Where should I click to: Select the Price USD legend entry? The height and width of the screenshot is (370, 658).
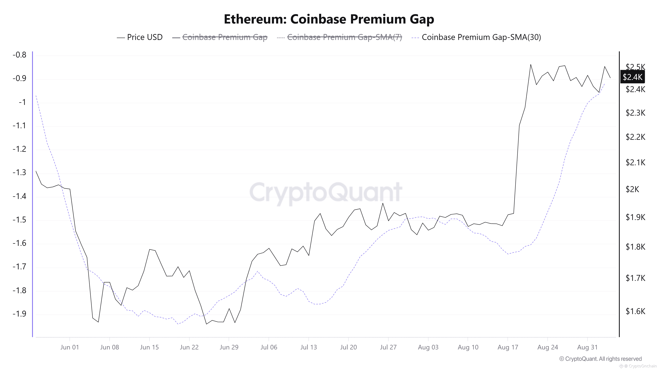pos(139,37)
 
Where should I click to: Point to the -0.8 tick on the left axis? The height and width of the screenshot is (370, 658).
pos(19,55)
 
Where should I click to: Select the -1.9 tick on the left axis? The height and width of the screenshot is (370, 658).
pos(19,314)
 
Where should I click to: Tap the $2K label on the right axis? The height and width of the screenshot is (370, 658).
pos(632,189)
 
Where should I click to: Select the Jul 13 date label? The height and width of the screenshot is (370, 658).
pos(309,347)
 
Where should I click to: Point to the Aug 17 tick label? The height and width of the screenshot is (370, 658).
pos(508,347)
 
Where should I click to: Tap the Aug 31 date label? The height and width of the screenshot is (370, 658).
pos(587,347)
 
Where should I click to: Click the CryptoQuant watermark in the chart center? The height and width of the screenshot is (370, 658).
pos(326,192)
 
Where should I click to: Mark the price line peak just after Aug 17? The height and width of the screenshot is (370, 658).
pos(531,64)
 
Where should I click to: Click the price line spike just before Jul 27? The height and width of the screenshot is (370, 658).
pos(383,203)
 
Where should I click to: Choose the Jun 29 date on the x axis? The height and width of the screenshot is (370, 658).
pos(229,347)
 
